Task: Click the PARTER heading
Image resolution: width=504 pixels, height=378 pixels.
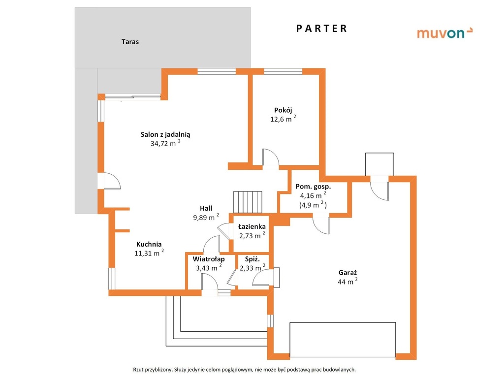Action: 321,29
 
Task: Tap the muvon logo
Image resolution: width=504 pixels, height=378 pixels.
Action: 444,33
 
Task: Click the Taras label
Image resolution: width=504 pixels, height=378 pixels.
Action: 130,42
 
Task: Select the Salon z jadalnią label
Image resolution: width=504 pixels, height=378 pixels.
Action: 165,135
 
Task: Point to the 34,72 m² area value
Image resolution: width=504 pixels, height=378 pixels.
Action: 165,143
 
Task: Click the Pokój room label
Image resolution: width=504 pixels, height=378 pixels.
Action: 283,110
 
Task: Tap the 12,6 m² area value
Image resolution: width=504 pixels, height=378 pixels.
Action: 283,119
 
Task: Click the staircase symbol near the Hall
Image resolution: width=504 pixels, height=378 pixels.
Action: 248,202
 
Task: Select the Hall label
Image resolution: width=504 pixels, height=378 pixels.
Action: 206,208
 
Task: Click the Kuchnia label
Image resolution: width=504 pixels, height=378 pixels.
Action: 149,244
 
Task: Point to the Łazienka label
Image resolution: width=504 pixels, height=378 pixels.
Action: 252,226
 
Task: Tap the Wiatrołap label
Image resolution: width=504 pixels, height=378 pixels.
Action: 209,259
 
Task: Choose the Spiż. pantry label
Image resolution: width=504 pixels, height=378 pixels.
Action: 252,259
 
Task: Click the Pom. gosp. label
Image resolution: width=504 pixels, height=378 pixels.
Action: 313,187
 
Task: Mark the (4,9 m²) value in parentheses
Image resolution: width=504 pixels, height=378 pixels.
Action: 313,205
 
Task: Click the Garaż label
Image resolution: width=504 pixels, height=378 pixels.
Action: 348,273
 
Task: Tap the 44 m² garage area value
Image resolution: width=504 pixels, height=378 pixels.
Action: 348,282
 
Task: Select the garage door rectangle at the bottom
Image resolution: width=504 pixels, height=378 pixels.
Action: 343,340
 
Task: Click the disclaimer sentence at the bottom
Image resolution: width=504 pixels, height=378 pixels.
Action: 244,370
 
